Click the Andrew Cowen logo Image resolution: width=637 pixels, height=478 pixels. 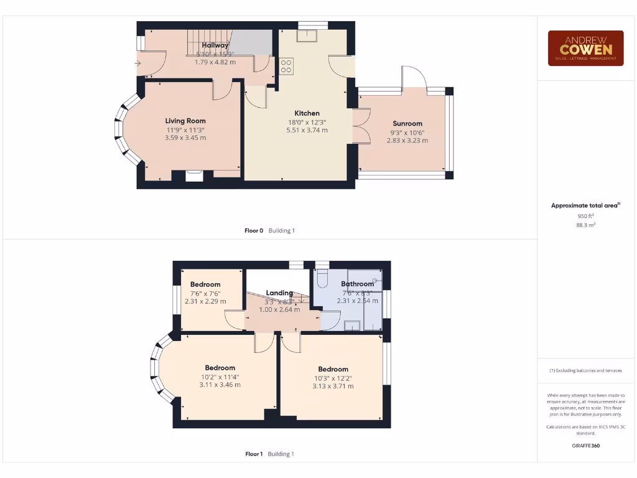(585, 49)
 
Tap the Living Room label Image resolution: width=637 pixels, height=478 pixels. (185, 121)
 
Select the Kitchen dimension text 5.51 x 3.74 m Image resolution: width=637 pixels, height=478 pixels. (307, 130)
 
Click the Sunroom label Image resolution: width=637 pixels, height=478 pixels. (407, 123)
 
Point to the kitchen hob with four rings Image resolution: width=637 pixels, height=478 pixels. (286, 65)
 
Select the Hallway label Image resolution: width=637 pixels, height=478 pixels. (215, 45)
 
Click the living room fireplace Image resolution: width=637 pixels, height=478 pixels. (195, 176)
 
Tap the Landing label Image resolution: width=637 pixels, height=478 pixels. (279, 293)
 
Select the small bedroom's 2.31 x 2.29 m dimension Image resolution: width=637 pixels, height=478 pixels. (205, 301)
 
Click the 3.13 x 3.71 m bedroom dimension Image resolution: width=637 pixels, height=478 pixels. (333, 386)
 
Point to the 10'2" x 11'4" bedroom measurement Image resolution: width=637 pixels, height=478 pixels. (220, 377)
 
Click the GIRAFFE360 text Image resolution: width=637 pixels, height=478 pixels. (585, 446)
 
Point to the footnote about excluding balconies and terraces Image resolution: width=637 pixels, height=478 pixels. (585, 370)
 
